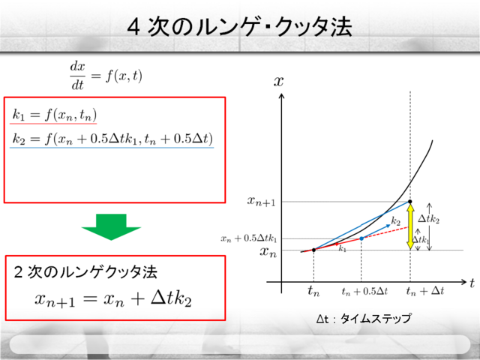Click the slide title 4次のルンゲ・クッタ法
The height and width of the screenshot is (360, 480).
coord(240,27)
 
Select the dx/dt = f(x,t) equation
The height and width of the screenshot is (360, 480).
coord(106,76)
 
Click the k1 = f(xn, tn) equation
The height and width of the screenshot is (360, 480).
coord(54,115)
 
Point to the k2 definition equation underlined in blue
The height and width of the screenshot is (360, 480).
coord(112,139)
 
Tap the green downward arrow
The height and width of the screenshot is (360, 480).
coord(111,226)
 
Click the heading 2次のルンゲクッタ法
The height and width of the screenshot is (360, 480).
coord(85,272)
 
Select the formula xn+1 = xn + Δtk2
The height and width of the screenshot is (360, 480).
coord(113,298)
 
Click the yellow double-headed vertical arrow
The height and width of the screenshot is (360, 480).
coord(410,226)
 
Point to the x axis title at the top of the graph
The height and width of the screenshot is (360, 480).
coord(278,82)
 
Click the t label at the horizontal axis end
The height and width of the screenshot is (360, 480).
coord(472,283)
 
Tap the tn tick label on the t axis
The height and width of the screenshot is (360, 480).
coord(313,291)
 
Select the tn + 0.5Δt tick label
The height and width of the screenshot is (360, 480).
coord(364,291)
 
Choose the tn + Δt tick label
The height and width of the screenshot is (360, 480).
coord(425,291)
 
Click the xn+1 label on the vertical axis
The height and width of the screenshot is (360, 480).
coord(262,202)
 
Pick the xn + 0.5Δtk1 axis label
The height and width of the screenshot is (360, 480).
coord(248,238)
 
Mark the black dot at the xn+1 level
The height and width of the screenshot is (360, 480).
coord(410,202)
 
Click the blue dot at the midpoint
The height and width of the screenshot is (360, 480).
coord(361,238)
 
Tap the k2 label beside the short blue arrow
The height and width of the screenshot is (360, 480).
coord(396,221)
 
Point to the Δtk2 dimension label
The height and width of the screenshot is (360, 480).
coord(429,219)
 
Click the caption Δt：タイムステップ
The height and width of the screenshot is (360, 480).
coord(364,319)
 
